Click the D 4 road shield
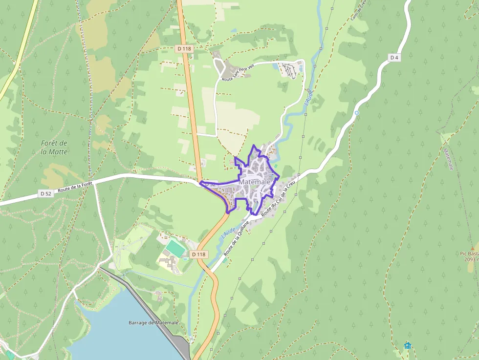(x=394, y=58)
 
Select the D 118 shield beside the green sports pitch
(x=199, y=254)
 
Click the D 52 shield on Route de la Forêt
(x=46, y=194)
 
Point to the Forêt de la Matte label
(x=54, y=147)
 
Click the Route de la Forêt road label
(x=75, y=186)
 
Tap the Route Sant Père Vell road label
(x=238, y=72)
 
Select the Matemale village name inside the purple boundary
(x=255, y=182)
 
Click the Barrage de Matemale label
(x=153, y=323)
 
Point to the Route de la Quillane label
(x=236, y=238)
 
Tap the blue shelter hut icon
(x=408, y=345)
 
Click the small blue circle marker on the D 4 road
(x=357, y=113)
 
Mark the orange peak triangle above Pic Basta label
(x=472, y=248)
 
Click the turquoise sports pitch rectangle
(x=175, y=247)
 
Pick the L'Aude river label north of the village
(x=308, y=97)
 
